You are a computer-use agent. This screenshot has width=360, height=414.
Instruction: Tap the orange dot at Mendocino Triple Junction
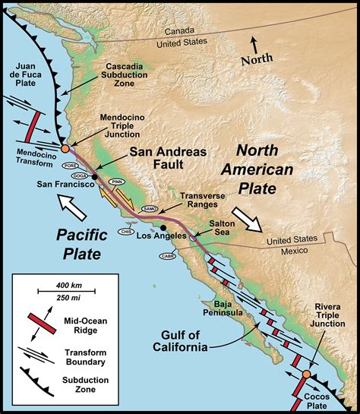tap(65, 150)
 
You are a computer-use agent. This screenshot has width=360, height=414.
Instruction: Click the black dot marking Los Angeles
tap(163, 227)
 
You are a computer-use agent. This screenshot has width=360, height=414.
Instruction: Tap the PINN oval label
tap(115, 182)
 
